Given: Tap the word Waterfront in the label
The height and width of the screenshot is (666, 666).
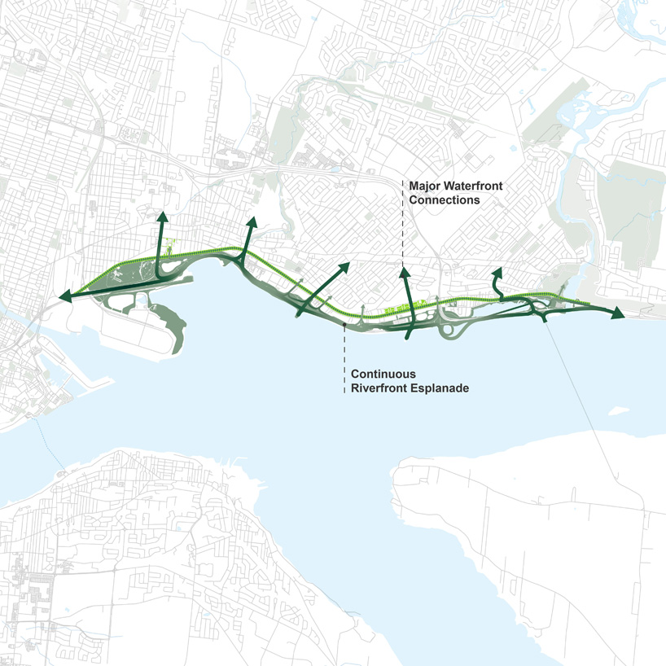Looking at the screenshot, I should [x=474, y=186].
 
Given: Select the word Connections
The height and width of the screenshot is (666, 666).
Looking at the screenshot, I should [x=444, y=199].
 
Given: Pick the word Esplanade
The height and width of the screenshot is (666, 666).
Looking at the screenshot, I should [x=440, y=388].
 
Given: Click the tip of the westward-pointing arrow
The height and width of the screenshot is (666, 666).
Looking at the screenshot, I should [x=60, y=299].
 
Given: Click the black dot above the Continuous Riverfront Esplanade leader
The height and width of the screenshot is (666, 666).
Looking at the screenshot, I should [x=345, y=324].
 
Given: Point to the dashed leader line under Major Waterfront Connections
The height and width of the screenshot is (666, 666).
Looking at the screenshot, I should [x=403, y=232].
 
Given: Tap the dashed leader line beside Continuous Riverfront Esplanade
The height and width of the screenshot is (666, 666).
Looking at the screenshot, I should [x=345, y=358].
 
